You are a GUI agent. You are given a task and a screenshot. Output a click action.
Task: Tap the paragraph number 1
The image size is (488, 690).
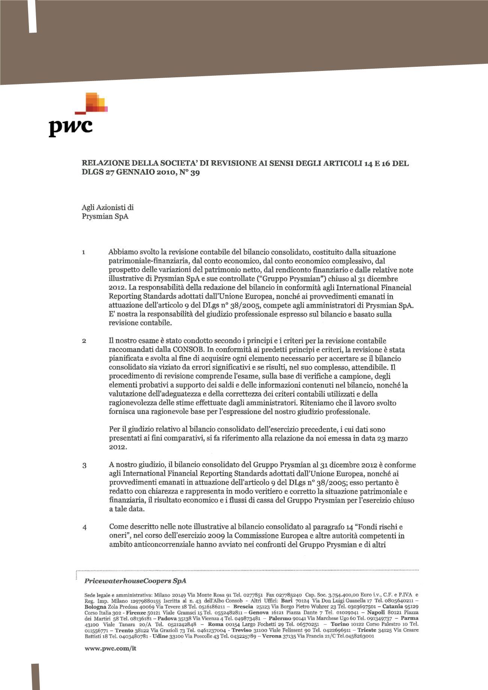(x=83, y=253)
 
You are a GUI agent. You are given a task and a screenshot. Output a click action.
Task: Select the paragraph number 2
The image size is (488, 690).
(x=84, y=341)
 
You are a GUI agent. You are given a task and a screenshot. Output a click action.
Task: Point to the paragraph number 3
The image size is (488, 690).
(x=84, y=466)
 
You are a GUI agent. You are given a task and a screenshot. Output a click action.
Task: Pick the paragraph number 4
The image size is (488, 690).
(x=84, y=528)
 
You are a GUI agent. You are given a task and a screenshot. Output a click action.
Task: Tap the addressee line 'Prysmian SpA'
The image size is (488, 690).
(x=105, y=216)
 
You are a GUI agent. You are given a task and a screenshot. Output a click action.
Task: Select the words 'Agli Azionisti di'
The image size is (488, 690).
(x=108, y=207)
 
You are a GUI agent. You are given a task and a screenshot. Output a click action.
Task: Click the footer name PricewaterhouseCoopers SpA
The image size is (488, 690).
(x=135, y=581)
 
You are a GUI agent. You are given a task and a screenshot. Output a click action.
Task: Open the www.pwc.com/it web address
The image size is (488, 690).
(x=110, y=648)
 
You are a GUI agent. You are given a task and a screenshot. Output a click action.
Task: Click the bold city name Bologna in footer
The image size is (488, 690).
(x=95, y=606)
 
